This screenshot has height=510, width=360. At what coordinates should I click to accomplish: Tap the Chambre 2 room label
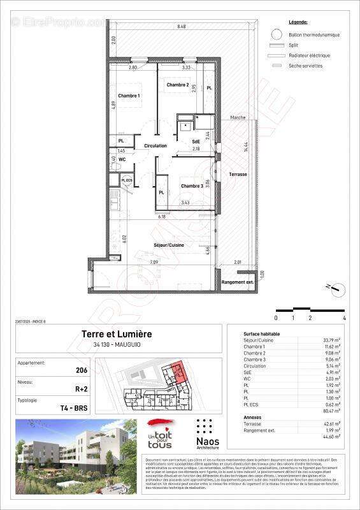coord(177,85)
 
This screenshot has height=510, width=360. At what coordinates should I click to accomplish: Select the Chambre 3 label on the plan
coord(192,186)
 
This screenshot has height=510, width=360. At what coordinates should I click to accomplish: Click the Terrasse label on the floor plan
coord(238,174)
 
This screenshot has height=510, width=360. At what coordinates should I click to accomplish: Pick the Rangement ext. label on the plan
coord(238,282)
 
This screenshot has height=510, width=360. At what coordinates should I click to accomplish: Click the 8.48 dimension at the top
coord(182,27)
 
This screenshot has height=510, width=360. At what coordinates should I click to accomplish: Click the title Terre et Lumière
coord(116,334)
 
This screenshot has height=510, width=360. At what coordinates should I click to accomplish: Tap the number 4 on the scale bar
coord(343,317)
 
